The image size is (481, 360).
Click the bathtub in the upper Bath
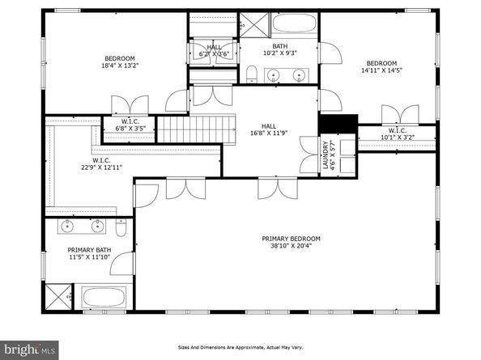pos(293,23)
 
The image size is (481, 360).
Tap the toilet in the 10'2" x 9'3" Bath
pos(251,76)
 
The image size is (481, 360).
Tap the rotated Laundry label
pos(330,155)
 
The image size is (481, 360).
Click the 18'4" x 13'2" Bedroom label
pos(119,62)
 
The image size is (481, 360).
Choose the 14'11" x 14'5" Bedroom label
pos(381,67)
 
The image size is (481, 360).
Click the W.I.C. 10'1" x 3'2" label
pos(397,133)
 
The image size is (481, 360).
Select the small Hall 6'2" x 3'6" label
pos(214,50)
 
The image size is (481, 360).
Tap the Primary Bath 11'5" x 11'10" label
pos(87,255)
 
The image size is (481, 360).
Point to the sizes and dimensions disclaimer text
pos(240,348)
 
